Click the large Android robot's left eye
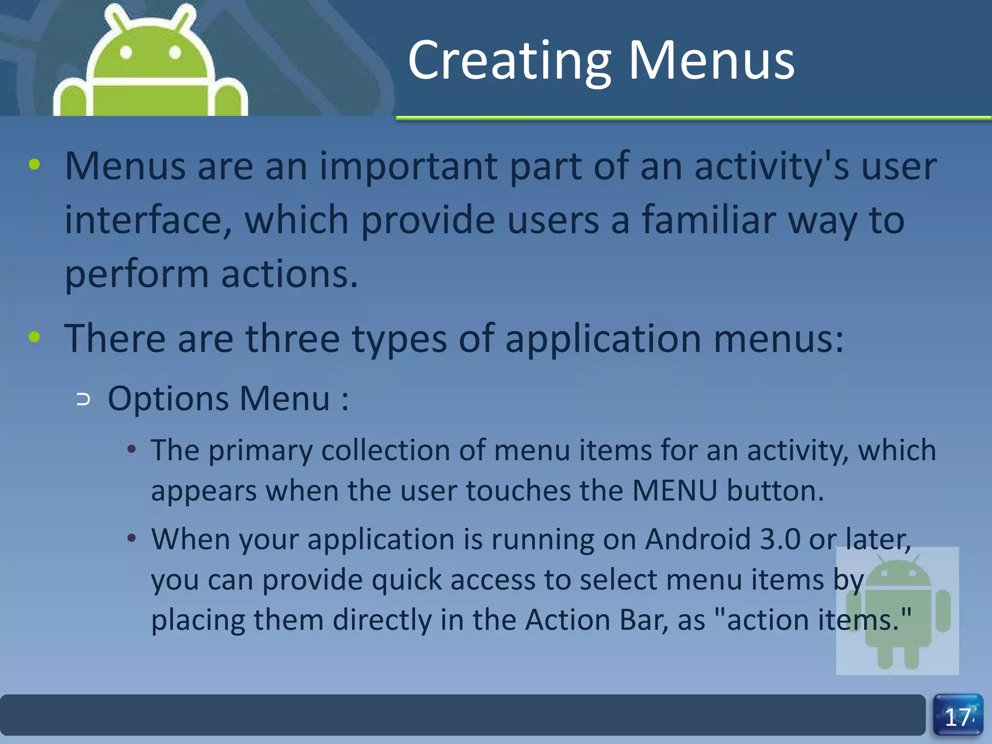tap(126, 52)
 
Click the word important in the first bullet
tap(408, 166)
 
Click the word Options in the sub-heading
tap(168, 399)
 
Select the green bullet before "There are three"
tap(34, 337)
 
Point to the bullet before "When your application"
tap(131, 538)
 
